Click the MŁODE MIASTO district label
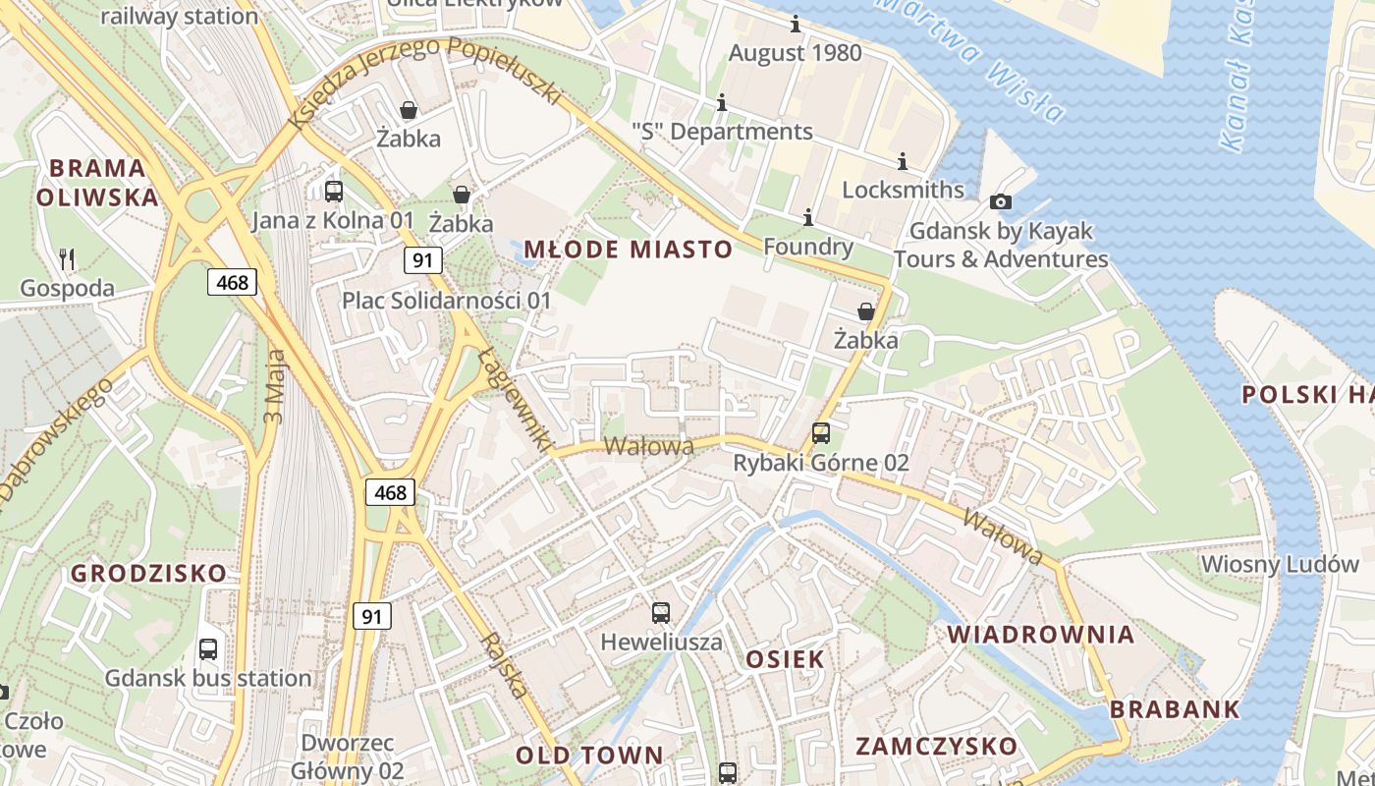point(628,250)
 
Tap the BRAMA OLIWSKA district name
point(97,182)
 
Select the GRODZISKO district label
point(148,573)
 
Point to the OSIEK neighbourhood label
point(785,659)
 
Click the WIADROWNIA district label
point(1041,634)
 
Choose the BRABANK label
point(1175,709)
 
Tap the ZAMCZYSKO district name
point(936,746)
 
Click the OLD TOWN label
point(589,755)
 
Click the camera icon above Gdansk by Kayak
point(1001,202)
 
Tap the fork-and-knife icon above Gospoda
point(67,259)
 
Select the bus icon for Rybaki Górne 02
point(820,432)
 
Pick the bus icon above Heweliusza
point(661,613)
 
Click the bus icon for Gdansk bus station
point(208,648)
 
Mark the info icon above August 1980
point(795,25)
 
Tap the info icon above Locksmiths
point(903,161)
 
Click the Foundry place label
point(807,247)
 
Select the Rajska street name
point(505,664)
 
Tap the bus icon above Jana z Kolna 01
point(333,191)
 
